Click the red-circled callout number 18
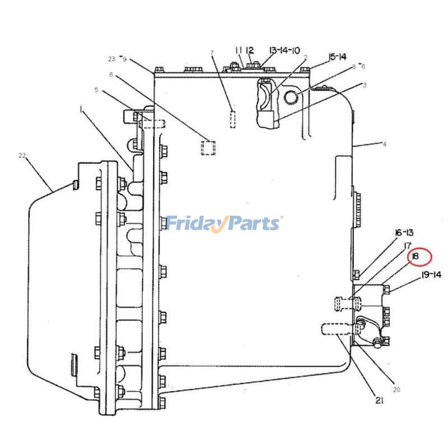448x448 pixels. (414, 256)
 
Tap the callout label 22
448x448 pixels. (22, 156)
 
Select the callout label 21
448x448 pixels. (379, 400)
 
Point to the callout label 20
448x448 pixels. (396, 389)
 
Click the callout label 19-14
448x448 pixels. (431, 275)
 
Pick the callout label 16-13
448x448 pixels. (404, 233)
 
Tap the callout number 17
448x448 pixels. (408, 245)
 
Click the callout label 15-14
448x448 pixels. (338, 57)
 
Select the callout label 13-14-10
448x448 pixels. (284, 50)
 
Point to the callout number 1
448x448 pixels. (82, 109)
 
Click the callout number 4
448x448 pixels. (384, 144)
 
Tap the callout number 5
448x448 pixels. (96, 90)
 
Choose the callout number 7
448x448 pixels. (212, 53)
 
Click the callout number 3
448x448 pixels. (365, 85)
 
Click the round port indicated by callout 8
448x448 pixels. (291, 97)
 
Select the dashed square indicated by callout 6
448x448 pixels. (208, 148)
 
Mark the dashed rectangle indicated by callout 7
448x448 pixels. (233, 119)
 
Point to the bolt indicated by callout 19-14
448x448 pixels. (386, 290)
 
